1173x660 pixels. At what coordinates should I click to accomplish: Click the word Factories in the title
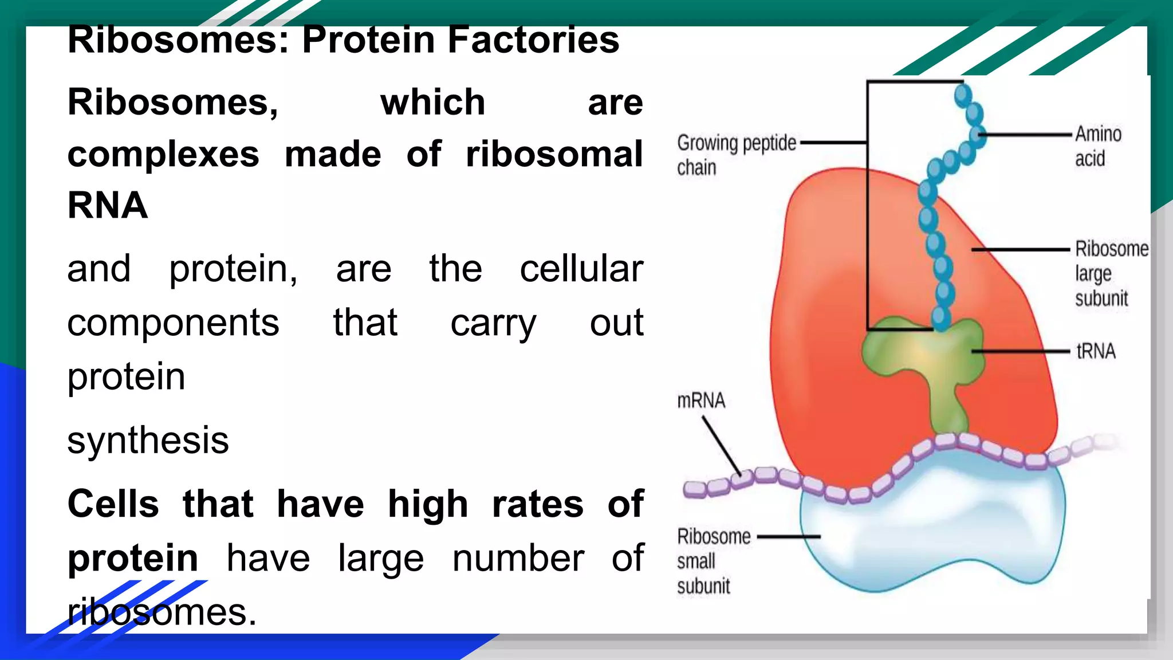click(533, 40)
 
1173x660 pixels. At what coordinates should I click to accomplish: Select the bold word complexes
click(163, 155)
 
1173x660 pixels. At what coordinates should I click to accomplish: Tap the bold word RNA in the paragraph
click(108, 205)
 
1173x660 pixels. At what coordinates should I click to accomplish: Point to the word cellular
click(581, 269)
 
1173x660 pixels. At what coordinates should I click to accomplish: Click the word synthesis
click(148, 440)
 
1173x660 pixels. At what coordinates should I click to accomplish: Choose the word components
click(173, 323)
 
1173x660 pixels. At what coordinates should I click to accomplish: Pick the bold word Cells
click(113, 504)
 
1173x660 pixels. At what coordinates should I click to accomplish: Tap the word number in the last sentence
click(518, 558)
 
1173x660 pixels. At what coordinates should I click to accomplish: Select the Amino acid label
click(1097, 146)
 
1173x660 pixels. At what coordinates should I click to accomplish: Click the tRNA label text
click(1096, 351)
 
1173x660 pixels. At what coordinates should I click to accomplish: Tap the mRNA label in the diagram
click(700, 400)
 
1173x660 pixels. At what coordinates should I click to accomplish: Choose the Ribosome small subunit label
click(713, 561)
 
